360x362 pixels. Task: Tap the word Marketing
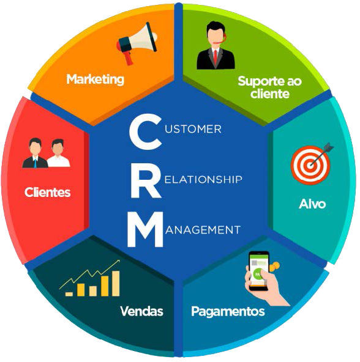[x=96, y=79]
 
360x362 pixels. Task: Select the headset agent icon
[x=216, y=45]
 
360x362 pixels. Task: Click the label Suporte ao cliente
[x=270, y=87]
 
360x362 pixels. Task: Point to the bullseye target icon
[x=311, y=163]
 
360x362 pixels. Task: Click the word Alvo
[x=312, y=204]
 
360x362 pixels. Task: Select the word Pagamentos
[x=228, y=312]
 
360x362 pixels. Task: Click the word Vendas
[x=141, y=311]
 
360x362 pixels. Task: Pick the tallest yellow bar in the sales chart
[x=116, y=284]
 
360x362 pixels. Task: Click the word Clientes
[x=47, y=192]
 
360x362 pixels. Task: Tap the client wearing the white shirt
[x=58, y=153]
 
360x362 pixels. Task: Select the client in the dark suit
[x=35, y=153]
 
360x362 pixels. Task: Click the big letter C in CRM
[x=145, y=132]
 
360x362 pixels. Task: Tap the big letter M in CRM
[x=145, y=229]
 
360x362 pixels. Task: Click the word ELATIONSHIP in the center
[x=203, y=179]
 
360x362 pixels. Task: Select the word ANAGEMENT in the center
[x=203, y=230]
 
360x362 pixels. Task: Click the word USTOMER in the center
[x=193, y=129]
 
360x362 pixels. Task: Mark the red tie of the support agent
[x=216, y=57]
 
